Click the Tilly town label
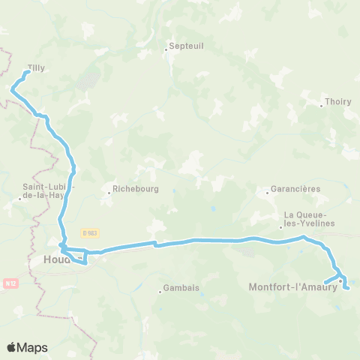(36, 67)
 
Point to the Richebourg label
(135, 190)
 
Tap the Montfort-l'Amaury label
(292, 286)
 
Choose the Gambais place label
(182, 288)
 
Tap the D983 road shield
(90, 234)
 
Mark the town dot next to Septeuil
(166, 51)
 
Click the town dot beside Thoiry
(321, 106)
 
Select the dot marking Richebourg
(109, 193)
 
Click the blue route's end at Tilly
(28, 73)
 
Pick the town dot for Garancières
(268, 193)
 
